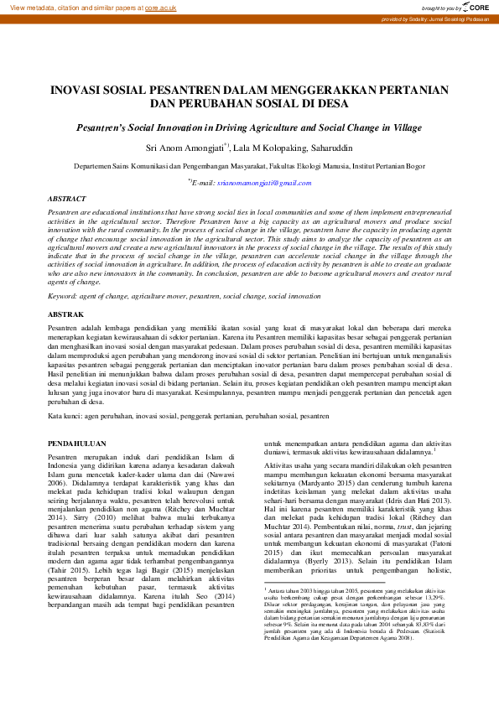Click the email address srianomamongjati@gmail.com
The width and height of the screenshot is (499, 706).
tap(251, 182)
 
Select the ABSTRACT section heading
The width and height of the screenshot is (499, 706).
tap(66, 199)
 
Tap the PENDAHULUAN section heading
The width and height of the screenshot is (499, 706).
tap(76, 443)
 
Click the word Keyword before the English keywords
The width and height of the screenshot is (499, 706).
tap(62, 296)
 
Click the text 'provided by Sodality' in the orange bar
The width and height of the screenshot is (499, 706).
tap(418, 18)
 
